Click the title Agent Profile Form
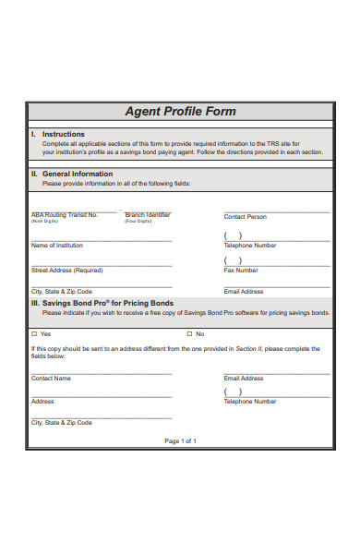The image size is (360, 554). (180, 112)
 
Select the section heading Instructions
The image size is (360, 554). (64, 135)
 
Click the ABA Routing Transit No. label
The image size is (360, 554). (64, 214)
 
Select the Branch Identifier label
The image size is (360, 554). (148, 214)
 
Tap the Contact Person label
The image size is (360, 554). (245, 217)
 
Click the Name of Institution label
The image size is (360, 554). (57, 246)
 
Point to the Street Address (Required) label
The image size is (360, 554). (67, 271)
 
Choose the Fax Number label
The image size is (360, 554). (241, 271)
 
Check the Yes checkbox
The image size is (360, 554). (34, 333)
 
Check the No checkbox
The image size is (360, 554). (189, 333)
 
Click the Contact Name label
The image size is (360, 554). (51, 379)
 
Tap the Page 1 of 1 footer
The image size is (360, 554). (180, 440)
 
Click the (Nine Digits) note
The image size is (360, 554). (44, 222)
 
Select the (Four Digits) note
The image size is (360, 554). (138, 222)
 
